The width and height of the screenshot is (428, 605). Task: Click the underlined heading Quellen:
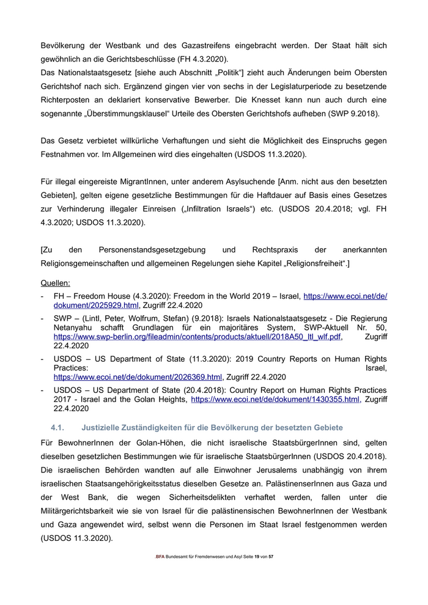coord(55,284)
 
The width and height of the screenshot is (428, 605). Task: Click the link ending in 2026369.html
coord(138,377)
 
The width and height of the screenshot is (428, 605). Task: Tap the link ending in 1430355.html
coord(275,399)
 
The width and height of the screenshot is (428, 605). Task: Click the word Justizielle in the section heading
coord(102,427)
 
